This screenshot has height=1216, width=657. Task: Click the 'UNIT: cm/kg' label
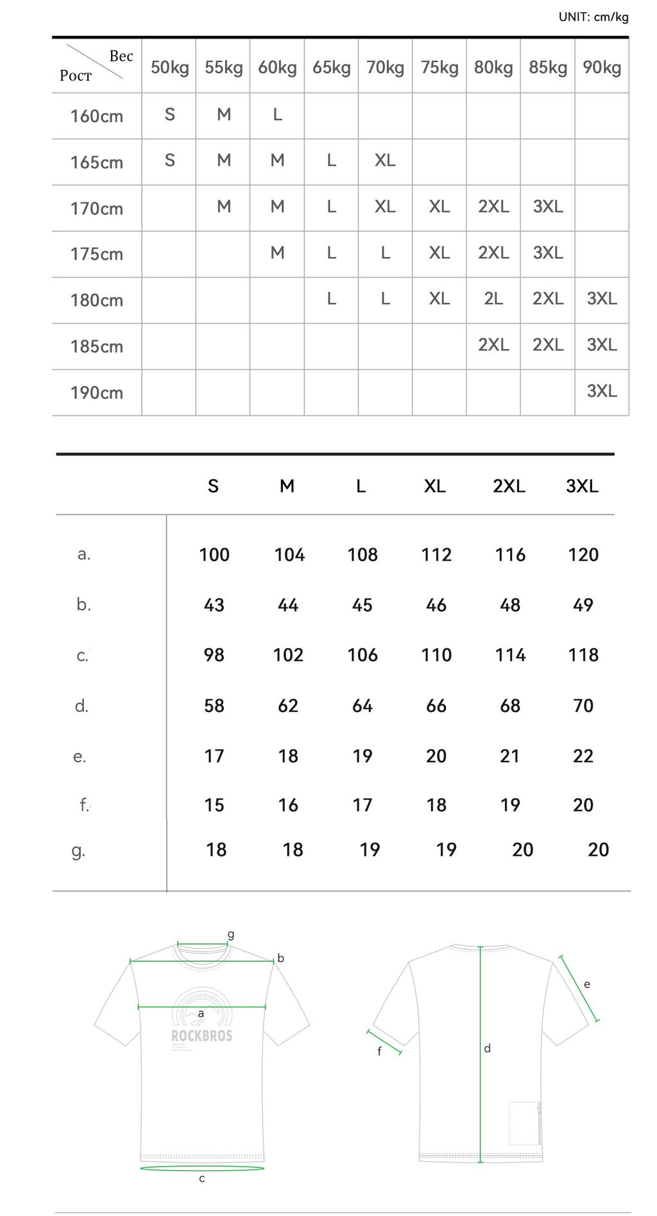point(593,17)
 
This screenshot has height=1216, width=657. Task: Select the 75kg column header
point(439,67)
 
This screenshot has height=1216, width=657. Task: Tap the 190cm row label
point(96,392)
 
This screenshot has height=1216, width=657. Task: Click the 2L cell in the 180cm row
point(493,299)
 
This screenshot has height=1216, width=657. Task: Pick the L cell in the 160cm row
point(277,114)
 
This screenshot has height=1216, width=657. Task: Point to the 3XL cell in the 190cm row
point(601,391)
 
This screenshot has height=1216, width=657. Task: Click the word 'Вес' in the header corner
point(121,56)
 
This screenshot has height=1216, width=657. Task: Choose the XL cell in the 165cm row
point(385,161)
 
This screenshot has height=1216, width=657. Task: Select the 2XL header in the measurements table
point(509,486)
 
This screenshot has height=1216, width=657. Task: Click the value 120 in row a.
point(583,555)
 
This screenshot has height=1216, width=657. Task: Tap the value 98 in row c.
point(214,655)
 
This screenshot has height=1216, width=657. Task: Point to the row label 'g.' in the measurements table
point(78,851)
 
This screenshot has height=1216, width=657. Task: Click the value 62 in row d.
point(287,706)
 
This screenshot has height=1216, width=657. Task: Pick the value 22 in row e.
point(583,756)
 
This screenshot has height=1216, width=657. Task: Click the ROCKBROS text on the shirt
point(201,1036)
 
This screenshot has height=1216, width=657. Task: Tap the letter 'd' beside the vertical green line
point(487,1048)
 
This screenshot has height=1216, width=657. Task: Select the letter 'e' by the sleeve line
point(586,984)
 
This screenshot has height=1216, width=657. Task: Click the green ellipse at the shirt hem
point(201,1168)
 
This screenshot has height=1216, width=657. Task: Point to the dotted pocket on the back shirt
point(524,1123)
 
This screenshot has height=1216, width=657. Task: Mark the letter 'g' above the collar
point(231,934)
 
